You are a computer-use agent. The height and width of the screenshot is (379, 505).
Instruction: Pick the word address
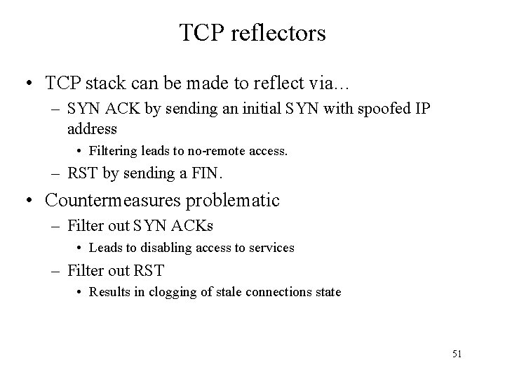coord(92,129)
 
